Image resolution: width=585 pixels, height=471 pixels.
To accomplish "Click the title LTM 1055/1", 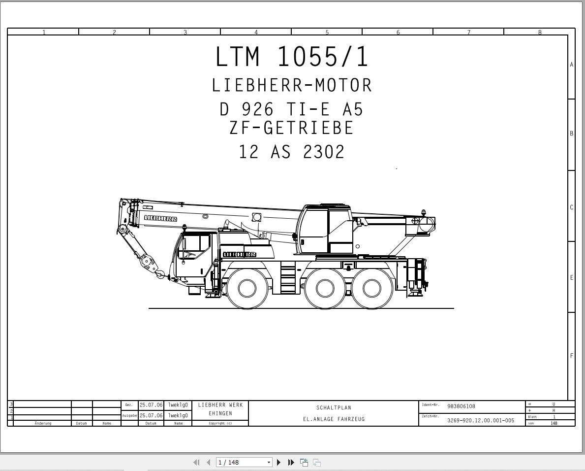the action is coord(292,57).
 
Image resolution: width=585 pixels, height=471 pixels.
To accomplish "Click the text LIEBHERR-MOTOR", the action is coord(292,85).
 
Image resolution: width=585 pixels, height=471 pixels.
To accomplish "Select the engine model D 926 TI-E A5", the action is coord(291,109).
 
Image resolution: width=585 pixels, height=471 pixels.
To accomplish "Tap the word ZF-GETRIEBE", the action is coord(291,128).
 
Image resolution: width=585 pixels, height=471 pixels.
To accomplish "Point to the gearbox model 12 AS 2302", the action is coord(291,152).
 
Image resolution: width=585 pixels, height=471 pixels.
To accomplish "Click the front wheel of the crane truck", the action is coord(246,288).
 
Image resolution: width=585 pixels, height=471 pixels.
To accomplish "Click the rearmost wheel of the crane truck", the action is coord(371,288).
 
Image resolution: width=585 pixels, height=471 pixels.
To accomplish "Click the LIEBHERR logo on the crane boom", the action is coord(160,219).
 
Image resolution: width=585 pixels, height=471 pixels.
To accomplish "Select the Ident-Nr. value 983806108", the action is coord(461,406).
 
